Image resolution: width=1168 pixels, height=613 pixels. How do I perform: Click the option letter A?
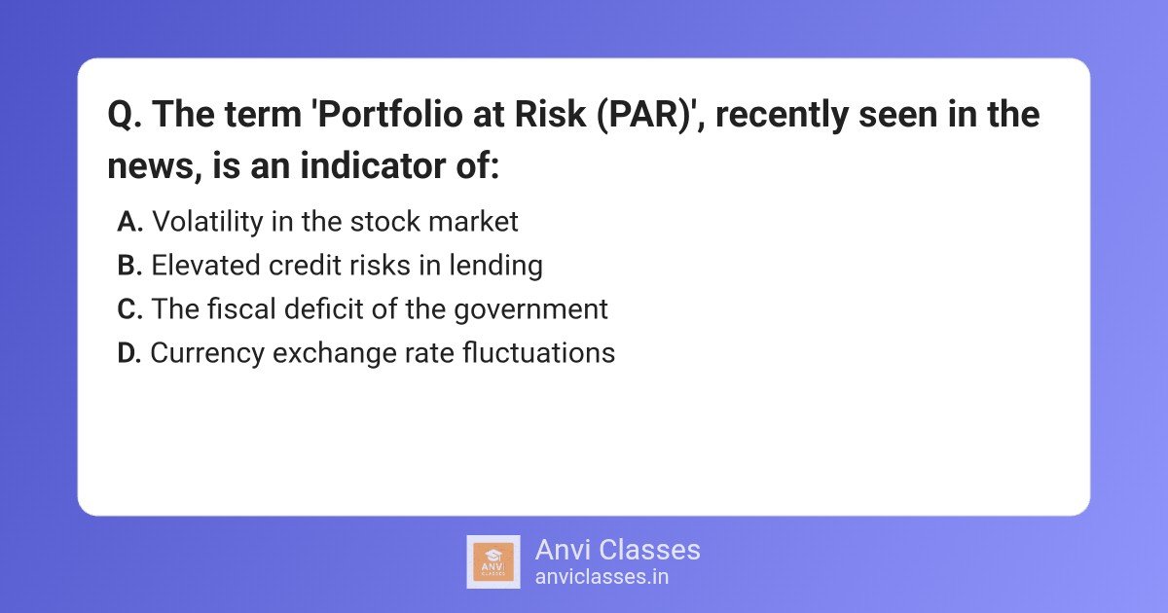coord(130,222)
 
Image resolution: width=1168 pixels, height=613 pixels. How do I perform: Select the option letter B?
coord(130,266)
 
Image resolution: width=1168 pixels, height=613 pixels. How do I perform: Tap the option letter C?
coord(130,309)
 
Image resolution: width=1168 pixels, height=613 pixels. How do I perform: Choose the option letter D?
coord(129,353)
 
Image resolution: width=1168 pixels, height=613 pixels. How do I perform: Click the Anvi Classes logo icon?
coord(493,561)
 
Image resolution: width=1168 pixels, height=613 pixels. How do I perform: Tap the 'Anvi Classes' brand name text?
coord(617,550)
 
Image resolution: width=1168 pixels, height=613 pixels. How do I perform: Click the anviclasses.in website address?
coord(602,576)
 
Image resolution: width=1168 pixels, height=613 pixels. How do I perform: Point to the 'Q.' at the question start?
coord(125,116)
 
